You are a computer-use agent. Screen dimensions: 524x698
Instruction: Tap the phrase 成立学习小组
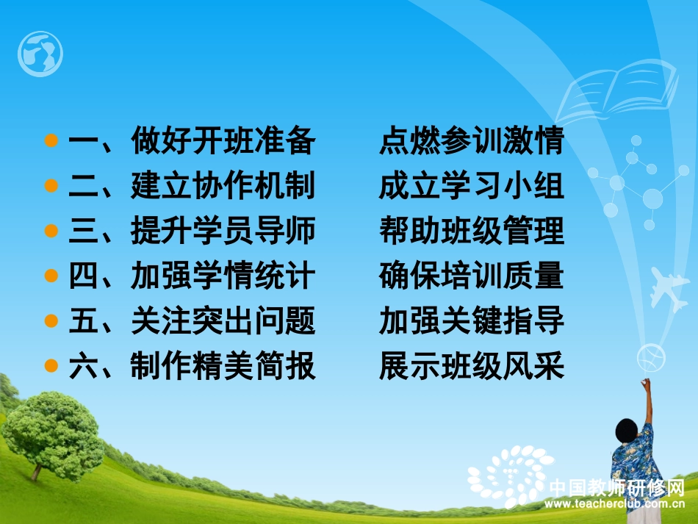[471, 187]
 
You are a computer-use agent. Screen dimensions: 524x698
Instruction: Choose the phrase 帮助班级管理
[471, 232]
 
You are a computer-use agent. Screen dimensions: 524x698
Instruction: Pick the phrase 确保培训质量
[471, 277]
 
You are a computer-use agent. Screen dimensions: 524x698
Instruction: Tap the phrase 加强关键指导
[471, 322]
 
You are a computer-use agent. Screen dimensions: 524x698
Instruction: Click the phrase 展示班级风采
[471, 367]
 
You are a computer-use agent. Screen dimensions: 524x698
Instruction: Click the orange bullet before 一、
[51, 141]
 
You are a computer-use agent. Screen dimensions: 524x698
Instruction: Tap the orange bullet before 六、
[51, 366]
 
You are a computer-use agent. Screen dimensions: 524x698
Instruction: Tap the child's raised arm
[647, 401]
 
